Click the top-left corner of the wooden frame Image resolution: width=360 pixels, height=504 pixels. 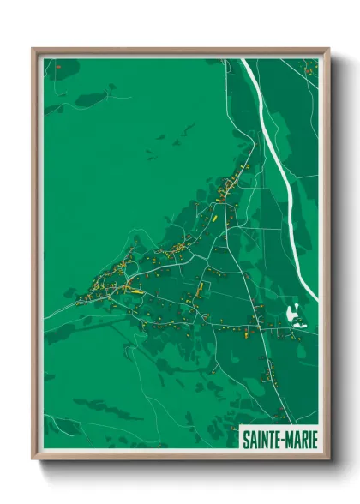tap(33, 49)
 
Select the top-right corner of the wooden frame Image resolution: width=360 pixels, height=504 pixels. tap(328, 49)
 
